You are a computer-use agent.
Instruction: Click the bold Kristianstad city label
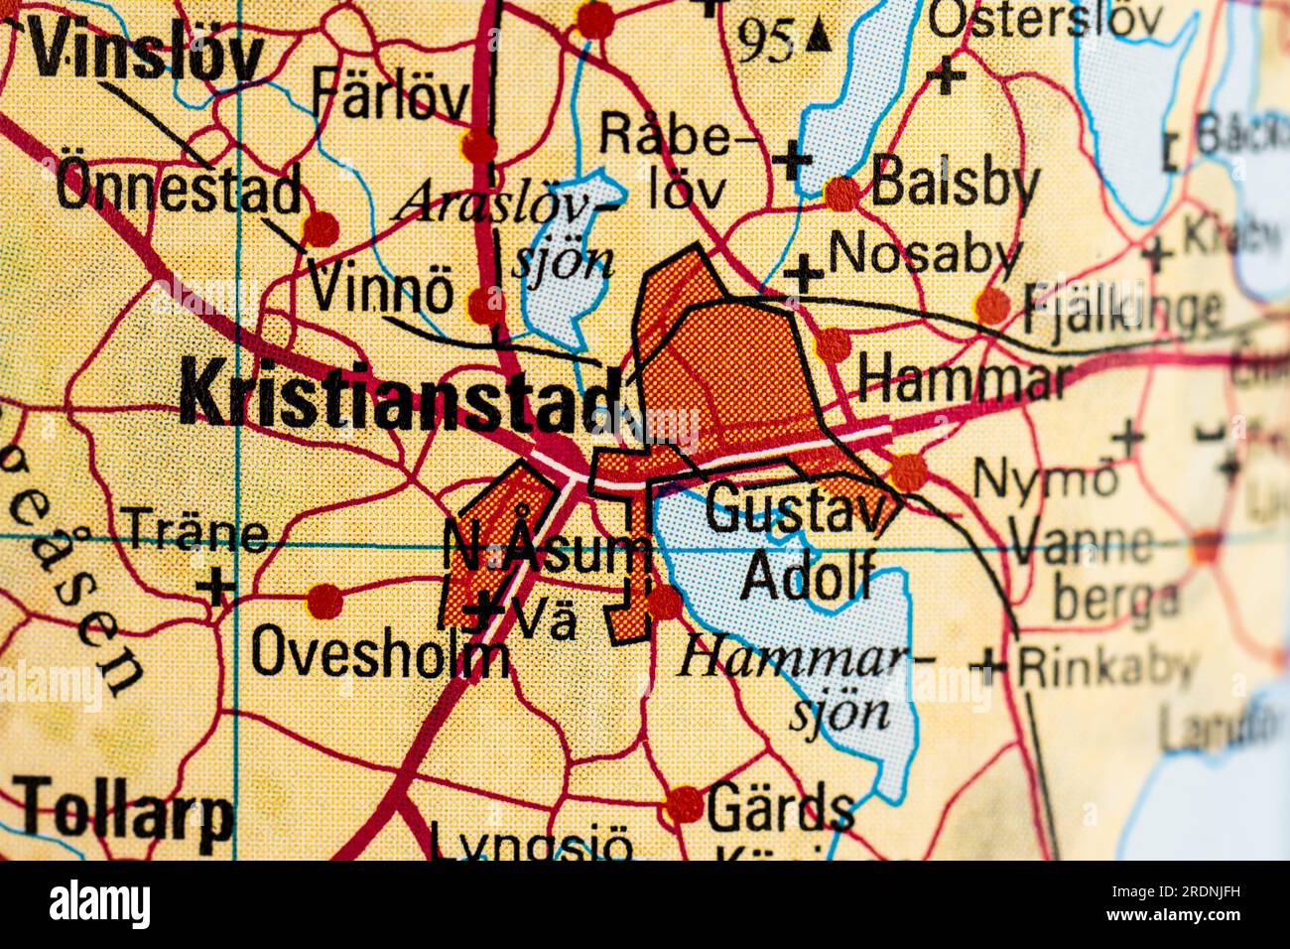click(x=402, y=395)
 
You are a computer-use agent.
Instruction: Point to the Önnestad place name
click(x=179, y=186)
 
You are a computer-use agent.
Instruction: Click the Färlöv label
click(x=390, y=96)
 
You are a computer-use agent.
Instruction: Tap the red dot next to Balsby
click(x=841, y=193)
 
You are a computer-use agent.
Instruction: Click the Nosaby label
click(x=924, y=254)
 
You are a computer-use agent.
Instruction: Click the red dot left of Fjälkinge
click(x=991, y=306)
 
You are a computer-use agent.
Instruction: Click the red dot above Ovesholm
click(x=324, y=601)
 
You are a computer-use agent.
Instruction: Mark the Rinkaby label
click(x=1105, y=666)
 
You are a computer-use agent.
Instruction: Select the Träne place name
click(x=194, y=532)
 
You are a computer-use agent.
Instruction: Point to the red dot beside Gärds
click(x=684, y=804)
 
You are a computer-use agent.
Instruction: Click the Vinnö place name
click(x=381, y=292)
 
